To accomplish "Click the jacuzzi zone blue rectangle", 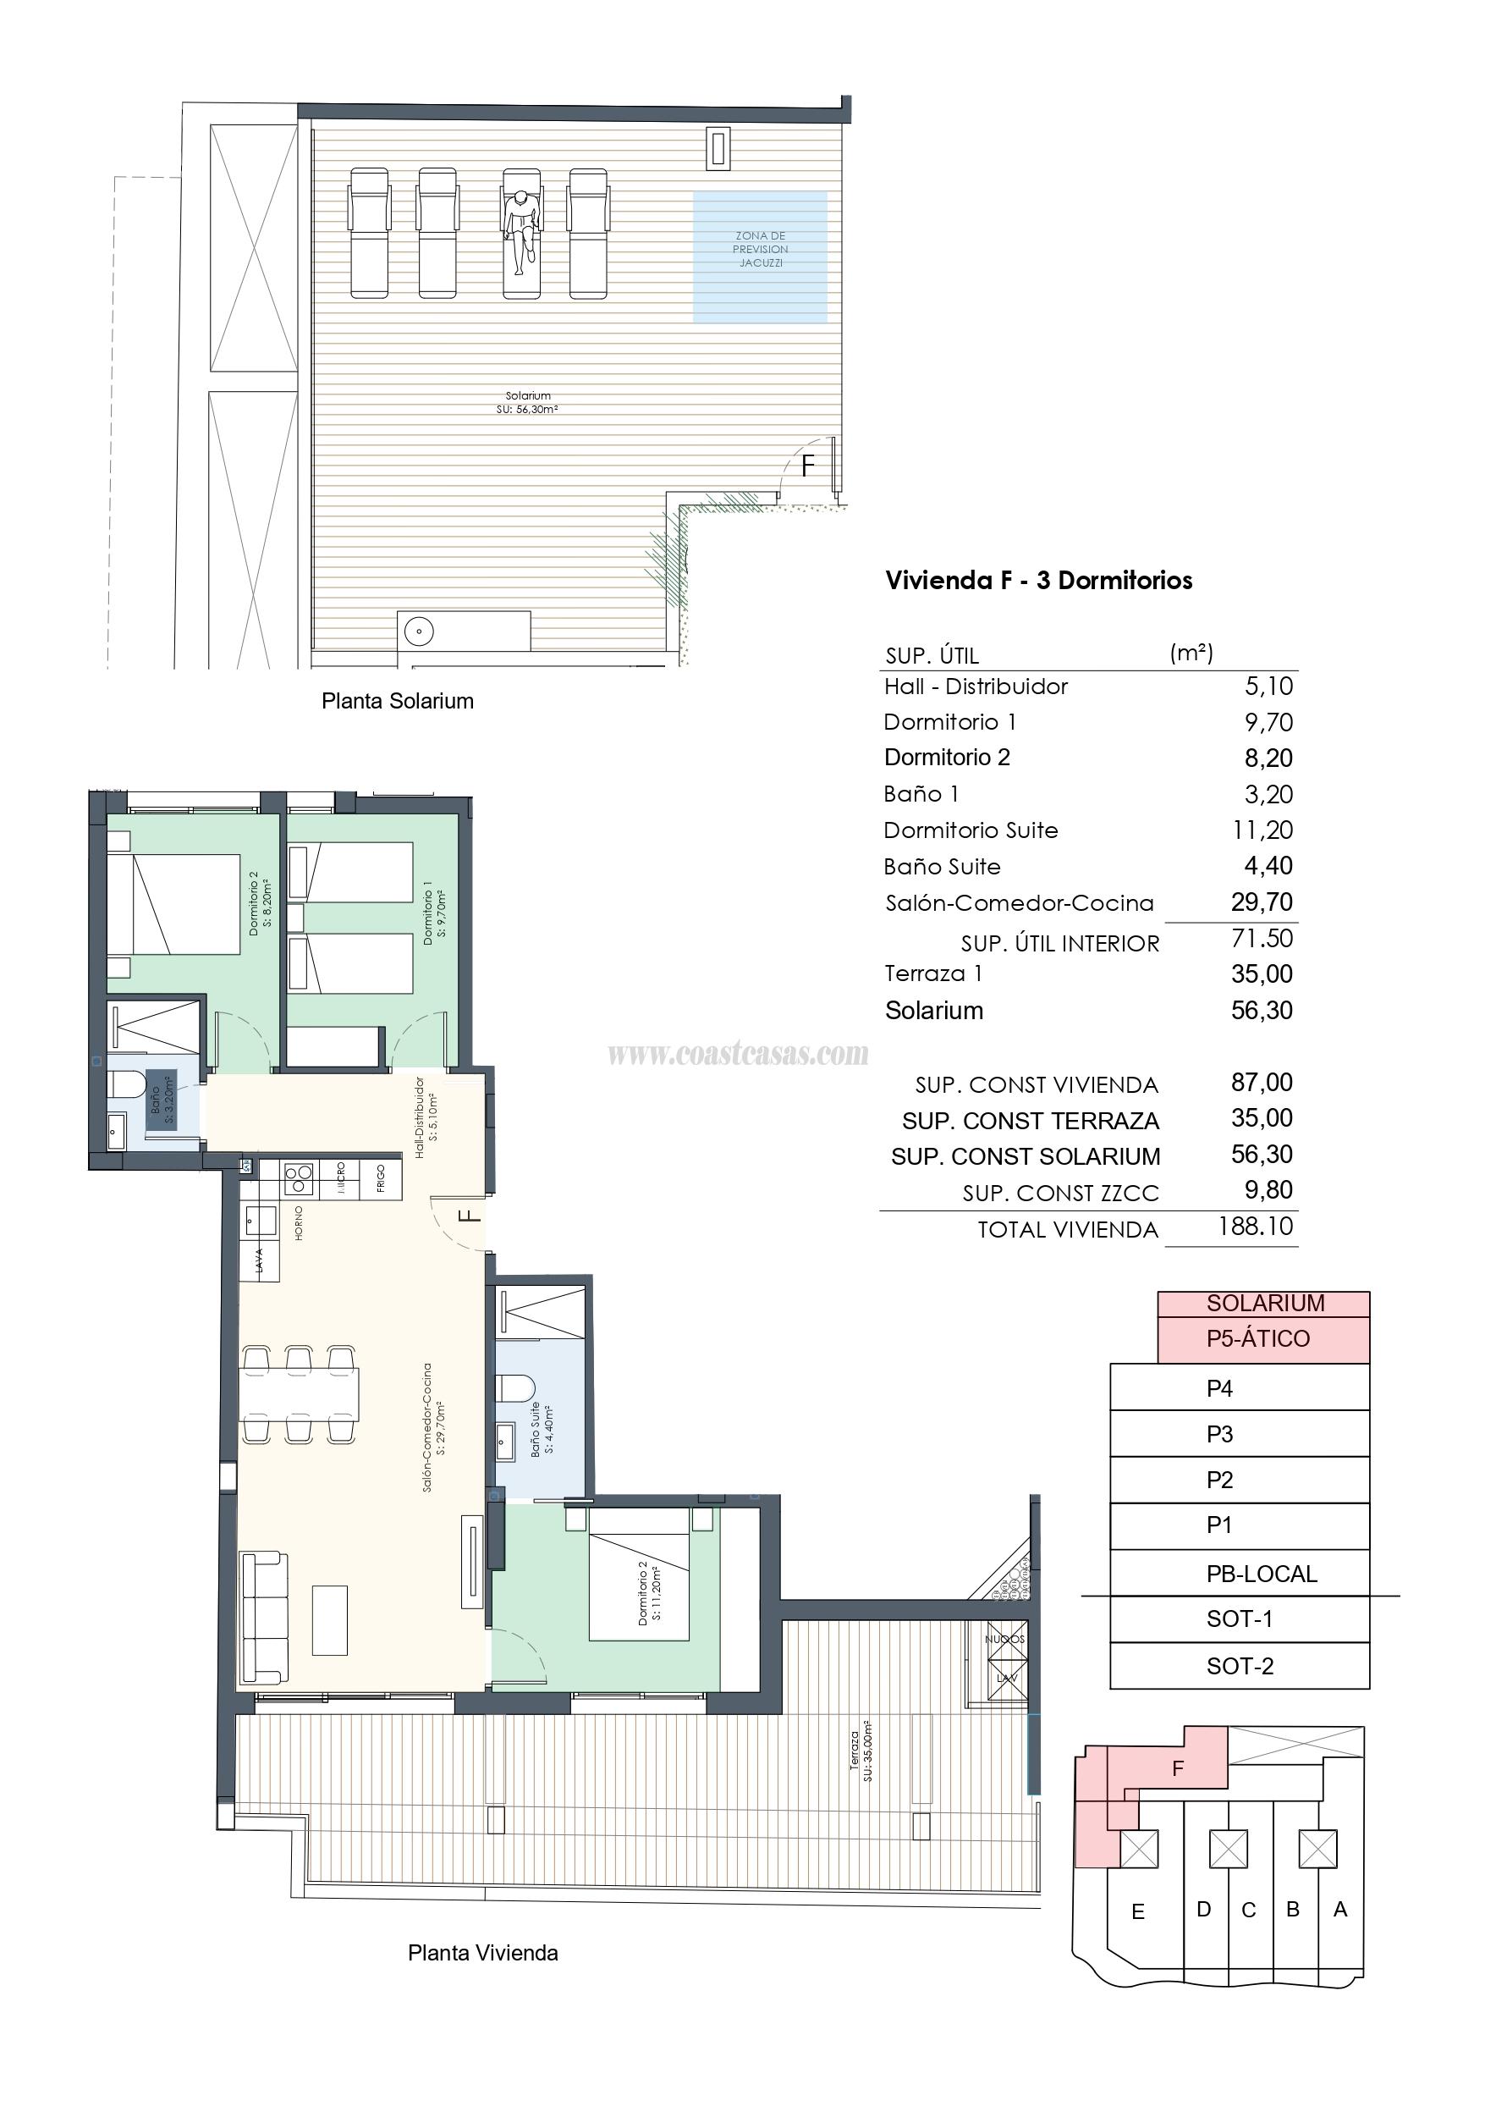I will click(x=760, y=257).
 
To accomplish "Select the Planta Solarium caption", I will click(x=397, y=701).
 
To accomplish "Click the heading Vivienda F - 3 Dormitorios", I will click(x=1038, y=580).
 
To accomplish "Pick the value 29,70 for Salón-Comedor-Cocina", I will click(x=1262, y=902).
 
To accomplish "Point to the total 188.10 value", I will click(x=1256, y=1227).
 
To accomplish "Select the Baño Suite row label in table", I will click(x=942, y=867).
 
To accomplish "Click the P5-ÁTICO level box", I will click(x=1262, y=1340).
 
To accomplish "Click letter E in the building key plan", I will click(x=1137, y=1911).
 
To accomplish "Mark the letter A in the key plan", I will click(x=1340, y=1910).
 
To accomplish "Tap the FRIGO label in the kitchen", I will click(x=381, y=1179).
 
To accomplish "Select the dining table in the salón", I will click(x=300, y=1393).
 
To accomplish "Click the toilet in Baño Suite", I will click(x=513, y=1388).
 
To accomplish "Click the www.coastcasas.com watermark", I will click(x=738, y=1054).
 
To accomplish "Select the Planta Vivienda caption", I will click(x=482, y=1953).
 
